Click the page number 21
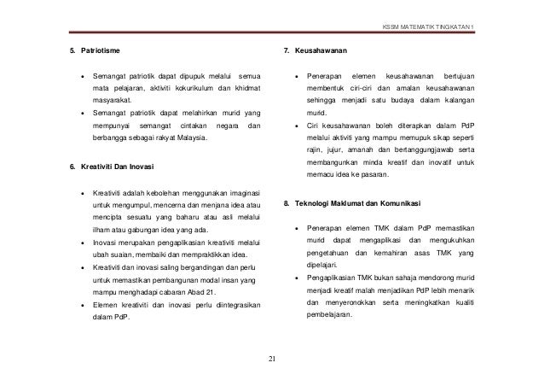272,358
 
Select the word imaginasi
242,192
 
